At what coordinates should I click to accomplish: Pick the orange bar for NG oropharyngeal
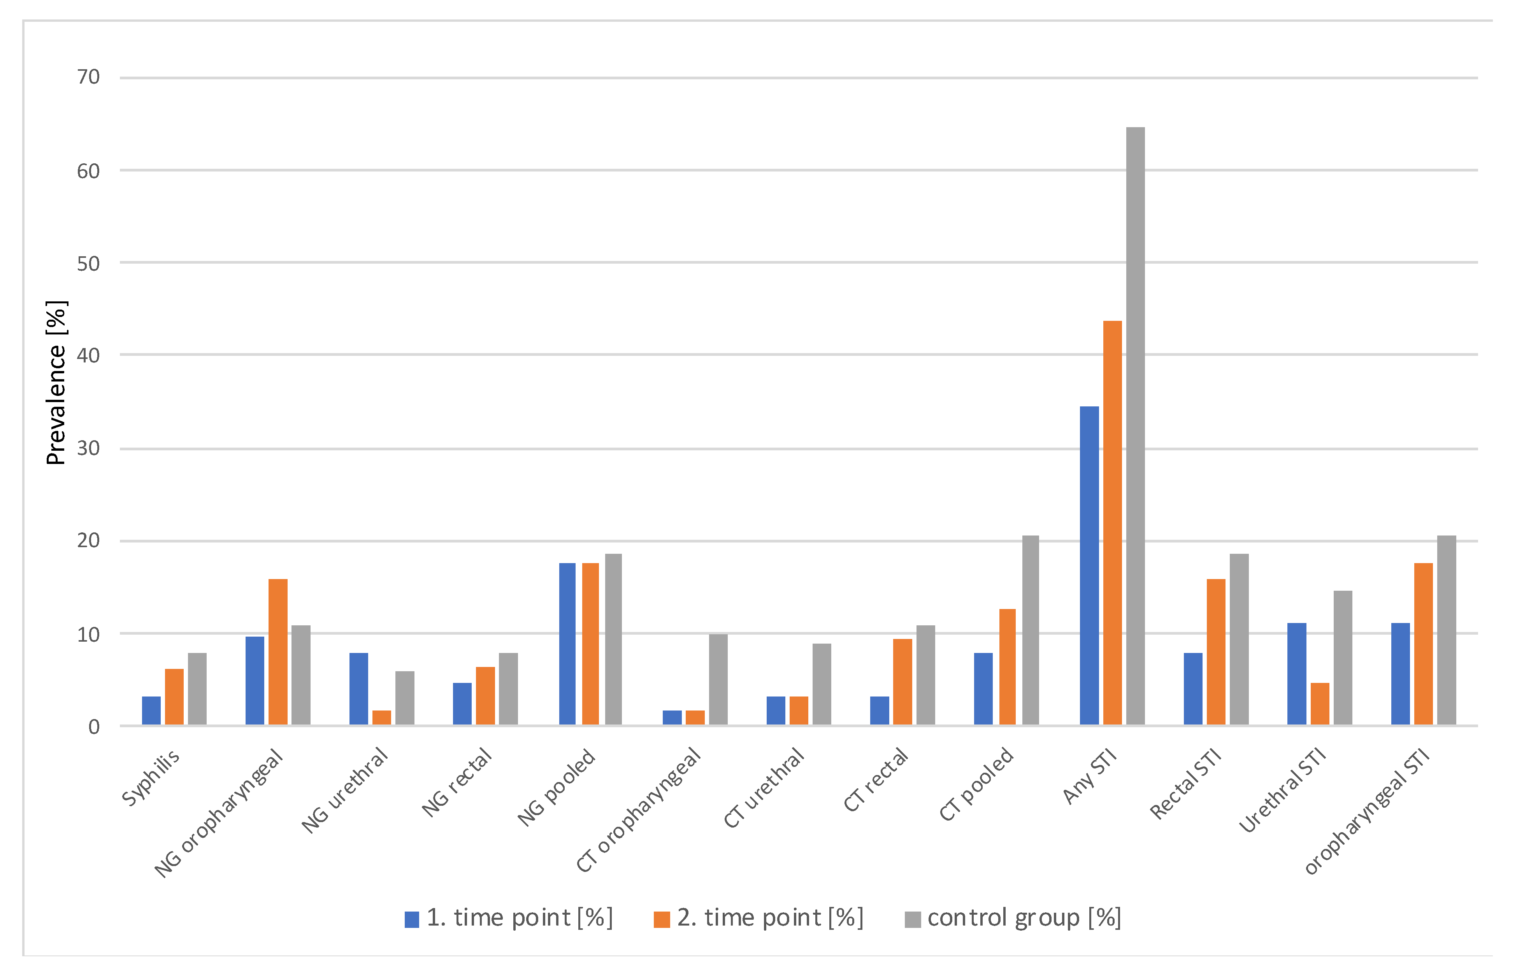(278, 652)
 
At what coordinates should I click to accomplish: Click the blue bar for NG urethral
(358, 689)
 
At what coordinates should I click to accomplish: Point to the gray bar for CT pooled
(1030, 630)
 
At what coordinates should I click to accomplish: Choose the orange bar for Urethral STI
(1319, 703)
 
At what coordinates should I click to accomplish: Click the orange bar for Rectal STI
(1215, 652)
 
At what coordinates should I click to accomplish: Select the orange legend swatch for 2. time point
(662, 919)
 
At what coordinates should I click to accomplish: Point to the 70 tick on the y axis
(89, 77)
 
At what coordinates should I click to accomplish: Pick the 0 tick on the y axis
(94, 727)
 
